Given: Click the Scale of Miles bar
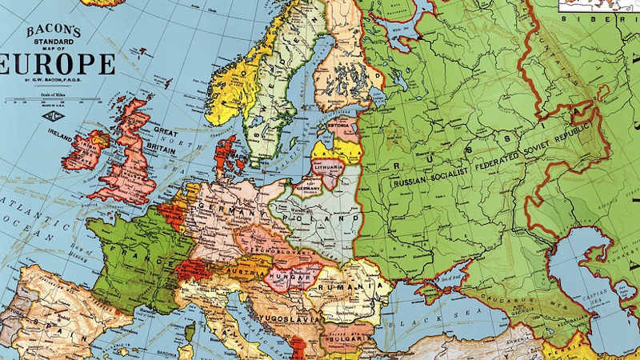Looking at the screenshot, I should pos(53,101).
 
